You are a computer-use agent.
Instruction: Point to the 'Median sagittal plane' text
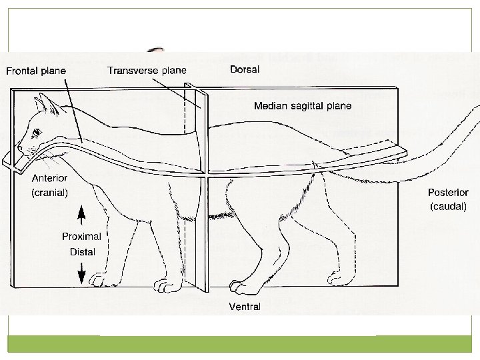[303, 105]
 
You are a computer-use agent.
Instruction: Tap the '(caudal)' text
[447, 207]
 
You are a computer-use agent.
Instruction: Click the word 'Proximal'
[83, 237]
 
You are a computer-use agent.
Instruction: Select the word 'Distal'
[83, 252]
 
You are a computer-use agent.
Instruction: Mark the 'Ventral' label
[244, 307]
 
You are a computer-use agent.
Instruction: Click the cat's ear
[45, 102]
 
